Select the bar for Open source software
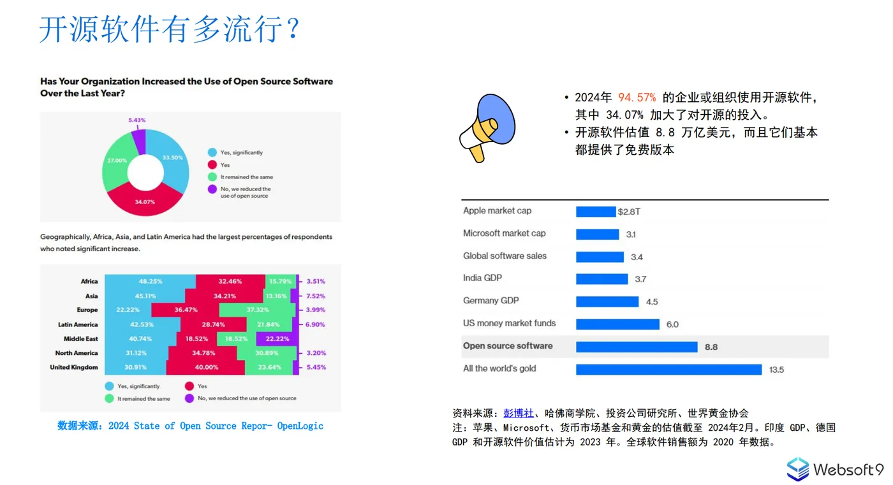636,347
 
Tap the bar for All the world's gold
668,370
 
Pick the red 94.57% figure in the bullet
637,98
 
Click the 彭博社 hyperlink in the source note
518,413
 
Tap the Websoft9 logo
835,470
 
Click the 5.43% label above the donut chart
137,120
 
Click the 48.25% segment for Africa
151,281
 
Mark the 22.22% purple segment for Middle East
277,339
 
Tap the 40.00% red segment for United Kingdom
206,368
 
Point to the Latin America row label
78,325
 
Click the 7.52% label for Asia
315,296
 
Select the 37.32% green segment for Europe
258,310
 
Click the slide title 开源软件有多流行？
170,29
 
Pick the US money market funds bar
617,324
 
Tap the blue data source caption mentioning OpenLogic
190,426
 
